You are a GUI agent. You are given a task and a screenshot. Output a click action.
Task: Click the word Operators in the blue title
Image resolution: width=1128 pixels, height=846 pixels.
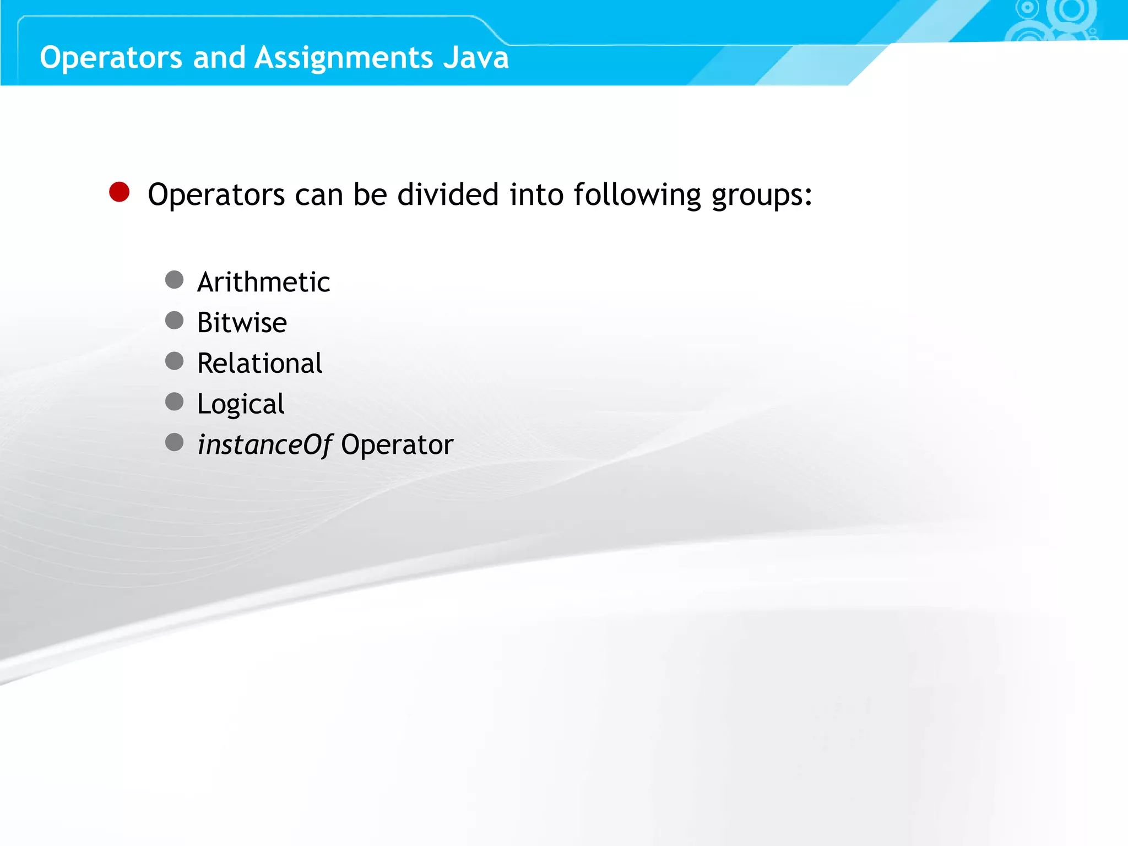pyautogui.click(x=111, y=58)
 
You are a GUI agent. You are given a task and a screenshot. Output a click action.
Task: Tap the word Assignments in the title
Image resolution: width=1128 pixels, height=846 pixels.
pyautogui.click(x=344, y=58)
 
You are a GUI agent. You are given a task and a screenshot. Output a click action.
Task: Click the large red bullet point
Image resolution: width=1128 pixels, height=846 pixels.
pyautogui.click(x=120, y=192)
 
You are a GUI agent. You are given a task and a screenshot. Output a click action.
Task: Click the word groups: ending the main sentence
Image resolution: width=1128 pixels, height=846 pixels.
pyautogui.click(x=762, y=196)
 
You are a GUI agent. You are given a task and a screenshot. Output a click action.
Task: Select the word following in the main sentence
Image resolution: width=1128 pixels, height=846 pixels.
pyautogui.click(x=637, y=196)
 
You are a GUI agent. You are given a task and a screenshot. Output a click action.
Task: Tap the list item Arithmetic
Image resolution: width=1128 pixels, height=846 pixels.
pyautogui.click(x=263, y=282)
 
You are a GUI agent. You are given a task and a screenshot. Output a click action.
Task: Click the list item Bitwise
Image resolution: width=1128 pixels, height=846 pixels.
pyautogui.click(x=242, y=323)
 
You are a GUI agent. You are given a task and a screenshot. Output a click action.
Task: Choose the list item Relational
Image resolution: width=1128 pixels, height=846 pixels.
pyautogui.click(x=259, y=364)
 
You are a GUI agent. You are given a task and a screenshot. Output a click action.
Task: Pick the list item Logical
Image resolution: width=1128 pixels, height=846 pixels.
pyautogui.click(x=241, y=405)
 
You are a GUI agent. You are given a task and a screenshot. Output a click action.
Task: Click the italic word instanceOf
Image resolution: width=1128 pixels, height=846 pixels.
pyautogui.click(x=265, y=445)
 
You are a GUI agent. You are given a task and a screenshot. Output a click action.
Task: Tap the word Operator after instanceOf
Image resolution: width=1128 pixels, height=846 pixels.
pyautogui.click(x=397, y=445)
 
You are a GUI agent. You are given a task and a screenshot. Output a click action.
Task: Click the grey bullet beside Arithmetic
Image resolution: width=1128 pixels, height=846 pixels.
pyautogui.click(x=175, y=280)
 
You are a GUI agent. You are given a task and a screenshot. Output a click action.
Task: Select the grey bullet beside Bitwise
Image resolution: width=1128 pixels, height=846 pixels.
pyautogui.click(x=175, y=321)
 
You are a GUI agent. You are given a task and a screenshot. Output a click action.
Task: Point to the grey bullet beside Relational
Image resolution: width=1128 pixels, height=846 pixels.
pyautogui.click(x=175, y=361)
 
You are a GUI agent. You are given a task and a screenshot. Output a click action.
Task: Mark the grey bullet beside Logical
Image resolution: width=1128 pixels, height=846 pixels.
pyautogui.click(x=175, y=402)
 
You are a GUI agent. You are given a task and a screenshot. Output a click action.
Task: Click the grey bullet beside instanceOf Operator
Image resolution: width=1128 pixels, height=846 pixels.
pyautogui.click(x=175, y=442)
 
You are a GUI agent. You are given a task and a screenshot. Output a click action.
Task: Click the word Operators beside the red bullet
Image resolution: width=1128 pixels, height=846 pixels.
pyautogui.click(x=216, y=196)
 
